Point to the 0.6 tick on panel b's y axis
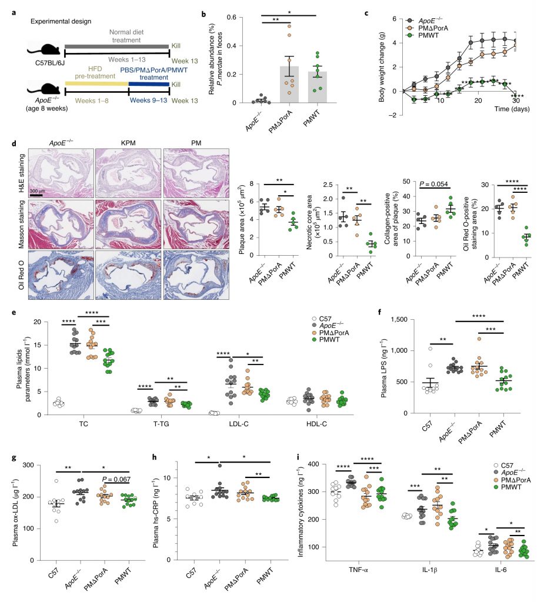click(x=238, y=18)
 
